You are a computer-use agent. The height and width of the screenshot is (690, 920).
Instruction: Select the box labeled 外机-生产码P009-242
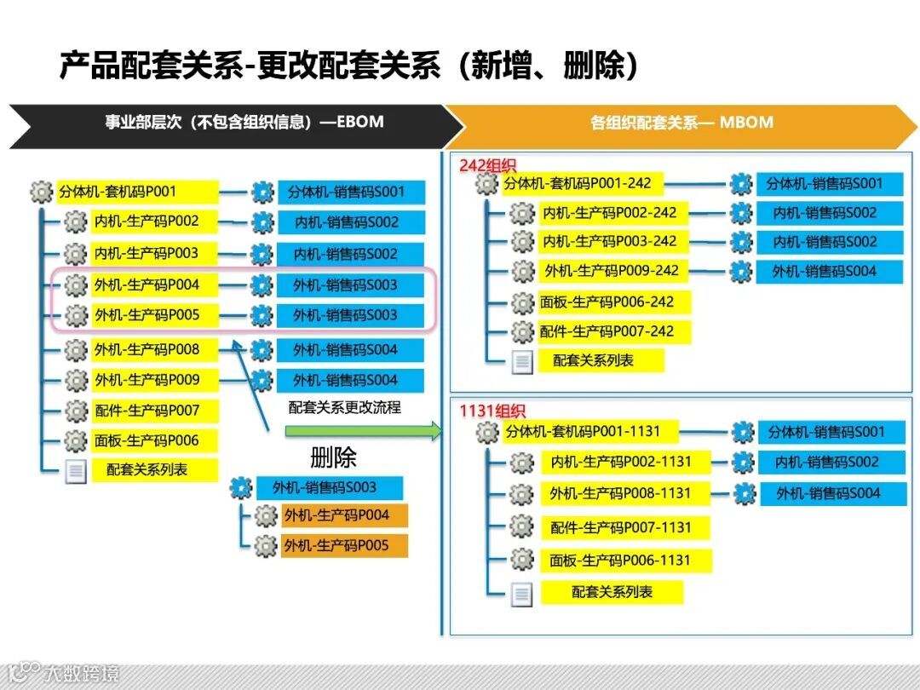click(612, 271)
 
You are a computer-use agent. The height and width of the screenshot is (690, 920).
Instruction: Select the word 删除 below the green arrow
click(333, 458)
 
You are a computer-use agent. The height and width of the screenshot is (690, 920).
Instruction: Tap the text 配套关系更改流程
click(344, 407)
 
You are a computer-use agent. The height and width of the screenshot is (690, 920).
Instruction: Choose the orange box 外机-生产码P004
click(344, 515)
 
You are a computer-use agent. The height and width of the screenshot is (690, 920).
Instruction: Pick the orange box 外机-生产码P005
click(344, 545)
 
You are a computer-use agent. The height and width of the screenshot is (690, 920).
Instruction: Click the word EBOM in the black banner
click(360, 122)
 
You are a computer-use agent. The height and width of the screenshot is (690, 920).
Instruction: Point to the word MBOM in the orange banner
click(746, 122)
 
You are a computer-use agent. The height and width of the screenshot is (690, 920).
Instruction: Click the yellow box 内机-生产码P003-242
click(609, 241)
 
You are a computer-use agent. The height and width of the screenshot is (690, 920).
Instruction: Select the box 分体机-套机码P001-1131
click(582, 432)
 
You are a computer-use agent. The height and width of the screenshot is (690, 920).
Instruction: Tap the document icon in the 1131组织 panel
click(521, 594)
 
